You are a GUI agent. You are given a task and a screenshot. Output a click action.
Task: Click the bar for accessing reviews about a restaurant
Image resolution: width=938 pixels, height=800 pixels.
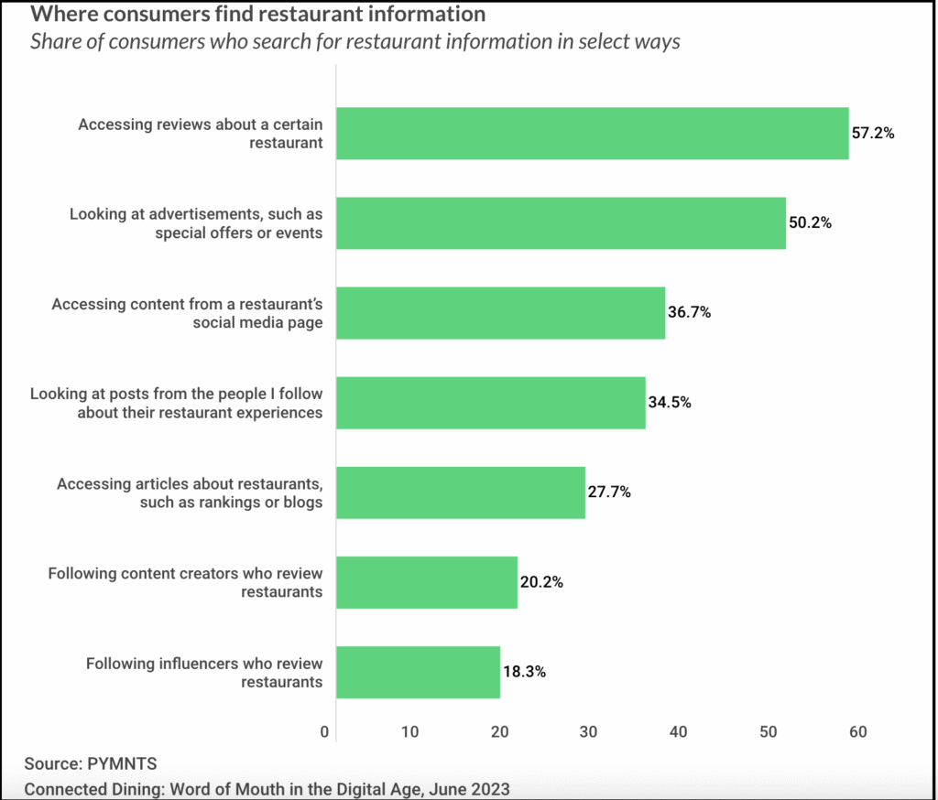point(592,134)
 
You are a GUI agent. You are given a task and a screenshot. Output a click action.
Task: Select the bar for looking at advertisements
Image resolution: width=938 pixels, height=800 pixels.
point(561,222)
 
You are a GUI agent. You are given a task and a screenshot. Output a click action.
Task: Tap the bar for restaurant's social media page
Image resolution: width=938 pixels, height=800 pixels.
point(500,313)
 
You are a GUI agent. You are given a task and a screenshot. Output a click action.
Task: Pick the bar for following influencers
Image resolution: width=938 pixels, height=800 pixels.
point(418,672)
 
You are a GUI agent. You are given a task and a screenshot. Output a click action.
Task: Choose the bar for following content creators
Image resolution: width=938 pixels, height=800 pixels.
point(426,582)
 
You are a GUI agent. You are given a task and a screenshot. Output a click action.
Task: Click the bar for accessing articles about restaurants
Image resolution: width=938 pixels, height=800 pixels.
point(460,492)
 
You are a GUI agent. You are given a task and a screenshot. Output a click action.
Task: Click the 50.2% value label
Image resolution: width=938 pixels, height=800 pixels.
point(810,222)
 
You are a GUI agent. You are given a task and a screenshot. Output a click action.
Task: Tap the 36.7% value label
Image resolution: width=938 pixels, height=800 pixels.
point(689,312)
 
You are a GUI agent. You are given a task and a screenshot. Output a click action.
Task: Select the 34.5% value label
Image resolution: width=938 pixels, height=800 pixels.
point(670,402)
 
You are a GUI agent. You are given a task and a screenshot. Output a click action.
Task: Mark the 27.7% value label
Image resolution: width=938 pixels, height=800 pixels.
point(609,492)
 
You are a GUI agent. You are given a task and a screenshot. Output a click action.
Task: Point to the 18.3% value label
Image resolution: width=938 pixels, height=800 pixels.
point(524,672)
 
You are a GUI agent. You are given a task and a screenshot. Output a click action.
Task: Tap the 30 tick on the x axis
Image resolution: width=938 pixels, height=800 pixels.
point(589,732)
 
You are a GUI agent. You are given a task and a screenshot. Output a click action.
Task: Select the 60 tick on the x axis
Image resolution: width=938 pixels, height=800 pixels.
point(857,732)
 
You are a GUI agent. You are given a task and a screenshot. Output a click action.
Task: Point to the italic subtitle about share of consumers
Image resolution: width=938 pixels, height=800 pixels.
point(355,43)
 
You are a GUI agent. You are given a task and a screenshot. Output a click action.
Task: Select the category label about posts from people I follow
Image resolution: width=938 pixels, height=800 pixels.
point(177,403)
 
